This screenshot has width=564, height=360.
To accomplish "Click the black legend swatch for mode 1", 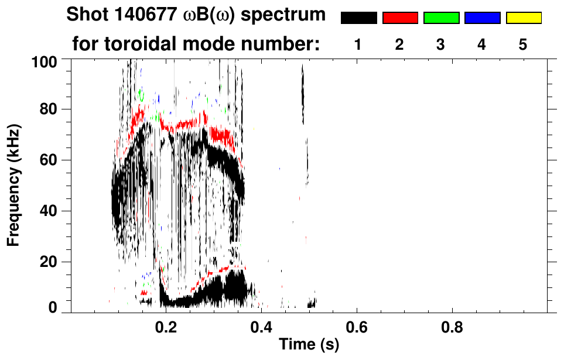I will (359, 18).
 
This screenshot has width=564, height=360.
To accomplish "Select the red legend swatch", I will (400, 18).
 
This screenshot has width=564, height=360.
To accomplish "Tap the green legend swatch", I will (441, 18).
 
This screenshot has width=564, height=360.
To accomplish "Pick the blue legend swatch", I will (482, 18).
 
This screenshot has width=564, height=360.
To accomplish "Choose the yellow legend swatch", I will (523, 18).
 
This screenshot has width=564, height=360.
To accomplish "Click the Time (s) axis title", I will (309, 345).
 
